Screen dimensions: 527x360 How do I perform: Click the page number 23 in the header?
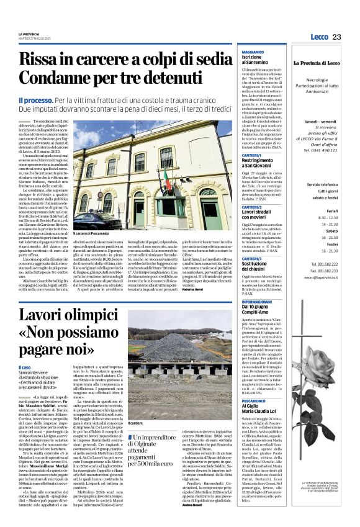coord(336,37)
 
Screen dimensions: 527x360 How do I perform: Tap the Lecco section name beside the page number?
coord(320,37)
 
